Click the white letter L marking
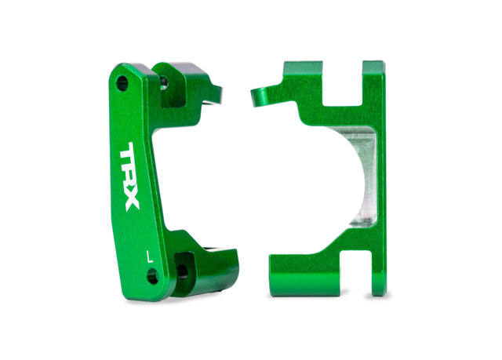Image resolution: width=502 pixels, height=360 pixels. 148,254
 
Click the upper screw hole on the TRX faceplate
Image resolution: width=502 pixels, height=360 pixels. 122,82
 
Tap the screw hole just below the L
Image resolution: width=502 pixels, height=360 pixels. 152,275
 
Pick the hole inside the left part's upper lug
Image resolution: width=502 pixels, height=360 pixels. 164,81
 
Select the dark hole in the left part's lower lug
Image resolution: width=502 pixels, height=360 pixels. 184,271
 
